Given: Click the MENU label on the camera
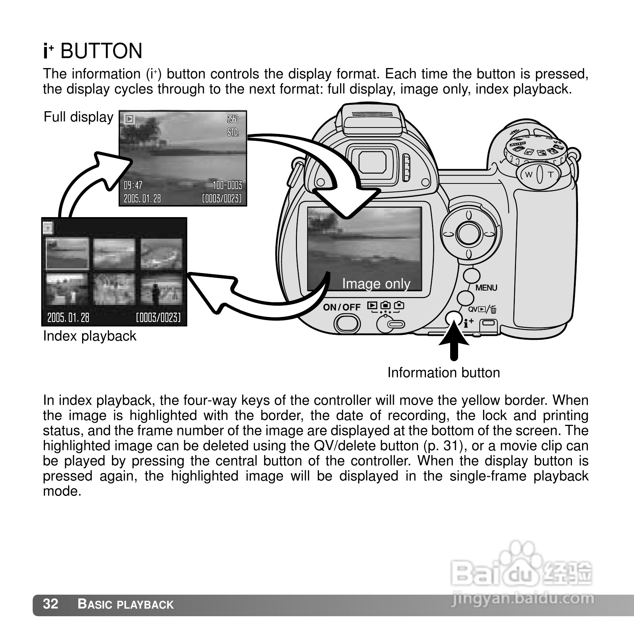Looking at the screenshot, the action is [486, 288].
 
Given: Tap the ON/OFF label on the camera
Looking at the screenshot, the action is [342, 307].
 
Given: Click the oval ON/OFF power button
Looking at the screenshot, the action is [347, 324].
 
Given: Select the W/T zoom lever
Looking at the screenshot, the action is [540, 174].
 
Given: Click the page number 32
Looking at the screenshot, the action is [51, 604].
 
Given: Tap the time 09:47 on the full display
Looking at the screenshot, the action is [133, 185].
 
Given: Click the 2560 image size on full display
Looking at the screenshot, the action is [233, 119].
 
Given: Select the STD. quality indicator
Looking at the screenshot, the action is [233, 132].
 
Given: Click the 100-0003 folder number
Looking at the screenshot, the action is [227, 185].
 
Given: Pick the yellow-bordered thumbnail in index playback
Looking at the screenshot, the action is [67, 253].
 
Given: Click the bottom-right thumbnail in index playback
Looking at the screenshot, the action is [161, 289].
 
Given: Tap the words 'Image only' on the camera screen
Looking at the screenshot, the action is [376, 284].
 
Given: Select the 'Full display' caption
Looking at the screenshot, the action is [78, 117].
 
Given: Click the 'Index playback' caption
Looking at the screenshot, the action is [90, 336].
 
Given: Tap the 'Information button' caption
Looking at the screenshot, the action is [443, 373].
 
